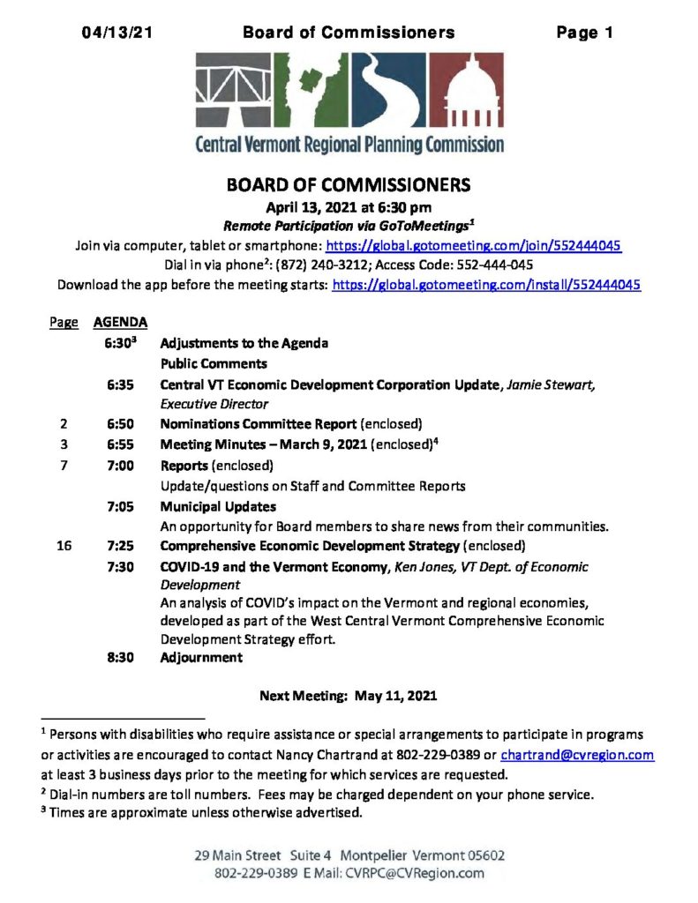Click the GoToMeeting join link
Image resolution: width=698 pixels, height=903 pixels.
474,246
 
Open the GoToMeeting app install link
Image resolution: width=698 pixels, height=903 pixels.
486,285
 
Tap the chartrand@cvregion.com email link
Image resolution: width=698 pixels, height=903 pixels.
577,755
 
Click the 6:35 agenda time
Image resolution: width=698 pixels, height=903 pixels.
119,384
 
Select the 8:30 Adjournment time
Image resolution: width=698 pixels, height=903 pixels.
119,657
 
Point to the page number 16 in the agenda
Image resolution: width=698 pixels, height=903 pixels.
64,545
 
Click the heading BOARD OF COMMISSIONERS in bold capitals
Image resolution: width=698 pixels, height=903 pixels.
349,186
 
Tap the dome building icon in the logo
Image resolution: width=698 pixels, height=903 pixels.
472,91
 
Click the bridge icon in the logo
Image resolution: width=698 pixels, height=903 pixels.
233,91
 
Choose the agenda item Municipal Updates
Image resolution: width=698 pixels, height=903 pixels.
218,506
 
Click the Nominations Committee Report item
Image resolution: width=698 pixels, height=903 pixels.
259,423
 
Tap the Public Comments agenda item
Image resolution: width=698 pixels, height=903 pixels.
214,363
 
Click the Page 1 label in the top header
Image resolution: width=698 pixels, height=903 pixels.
584,34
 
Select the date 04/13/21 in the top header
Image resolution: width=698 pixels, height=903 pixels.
116,34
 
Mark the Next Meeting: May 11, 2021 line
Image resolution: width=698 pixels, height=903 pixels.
348,696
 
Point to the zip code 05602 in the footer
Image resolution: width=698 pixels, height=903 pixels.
481,856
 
